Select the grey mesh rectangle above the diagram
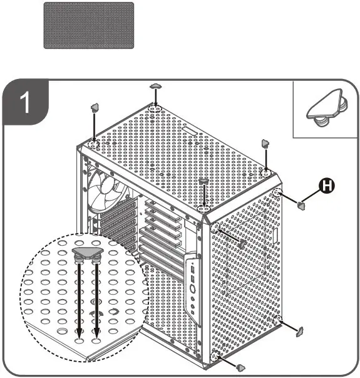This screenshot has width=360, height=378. [88, 25]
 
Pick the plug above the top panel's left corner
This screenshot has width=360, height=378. [95, 107]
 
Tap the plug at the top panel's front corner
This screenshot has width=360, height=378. [204, 182]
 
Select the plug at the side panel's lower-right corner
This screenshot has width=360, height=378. [299, 330]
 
